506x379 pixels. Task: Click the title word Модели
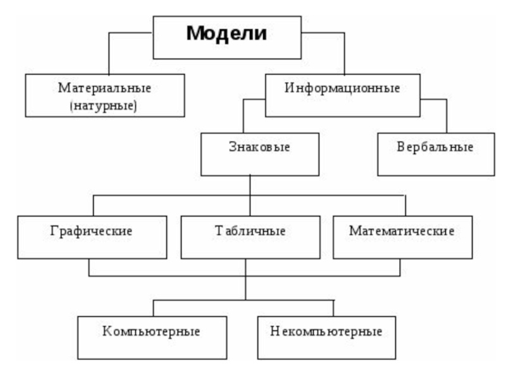click(226, 33)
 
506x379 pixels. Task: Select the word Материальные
click(105, 87)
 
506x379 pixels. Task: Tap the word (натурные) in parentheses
click(105, 104)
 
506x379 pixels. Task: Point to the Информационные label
click(342, 88)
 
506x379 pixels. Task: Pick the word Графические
click(91, 231)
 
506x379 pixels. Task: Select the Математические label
click(402, 231)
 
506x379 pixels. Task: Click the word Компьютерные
click(152, 330)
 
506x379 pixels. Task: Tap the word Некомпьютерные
click(326, 330)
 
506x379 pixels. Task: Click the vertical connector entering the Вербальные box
click(447, 115)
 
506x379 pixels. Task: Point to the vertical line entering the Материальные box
click(108, 54)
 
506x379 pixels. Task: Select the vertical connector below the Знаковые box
click(250, 186)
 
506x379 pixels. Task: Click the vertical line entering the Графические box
click(94, 206)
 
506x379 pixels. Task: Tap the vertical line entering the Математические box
click(405, 206)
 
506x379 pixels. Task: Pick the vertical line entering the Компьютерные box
click(154, 308)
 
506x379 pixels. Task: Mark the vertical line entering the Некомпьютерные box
click(333, 308)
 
